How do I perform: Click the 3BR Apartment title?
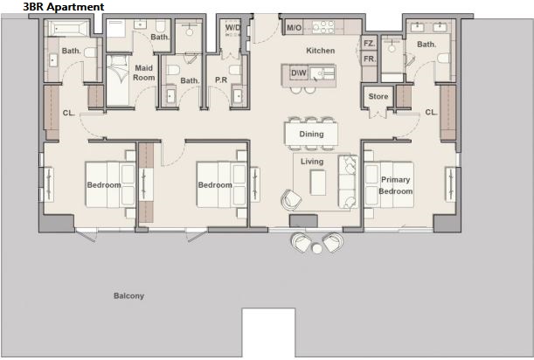(63, 7)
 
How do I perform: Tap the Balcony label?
(128, 295)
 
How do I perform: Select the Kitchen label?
(321, 51)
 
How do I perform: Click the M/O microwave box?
(294, 28)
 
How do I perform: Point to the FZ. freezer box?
(369, 44)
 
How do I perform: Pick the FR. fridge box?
(369, 59)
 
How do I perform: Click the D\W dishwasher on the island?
(299, 73)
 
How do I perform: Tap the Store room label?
(378, 96)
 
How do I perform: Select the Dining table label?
(311, 134)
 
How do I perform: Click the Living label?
(312, 162)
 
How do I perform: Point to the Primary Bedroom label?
(395, 185)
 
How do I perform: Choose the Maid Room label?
(143, 73)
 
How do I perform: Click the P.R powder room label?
(221, 80)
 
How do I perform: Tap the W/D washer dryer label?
(233, 28)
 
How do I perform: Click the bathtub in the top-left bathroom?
(67, 28)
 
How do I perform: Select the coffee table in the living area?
(318, 183)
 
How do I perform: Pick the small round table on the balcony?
(317, 249)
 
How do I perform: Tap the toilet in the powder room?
(235, 70)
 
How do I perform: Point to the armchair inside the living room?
(291, 200)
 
